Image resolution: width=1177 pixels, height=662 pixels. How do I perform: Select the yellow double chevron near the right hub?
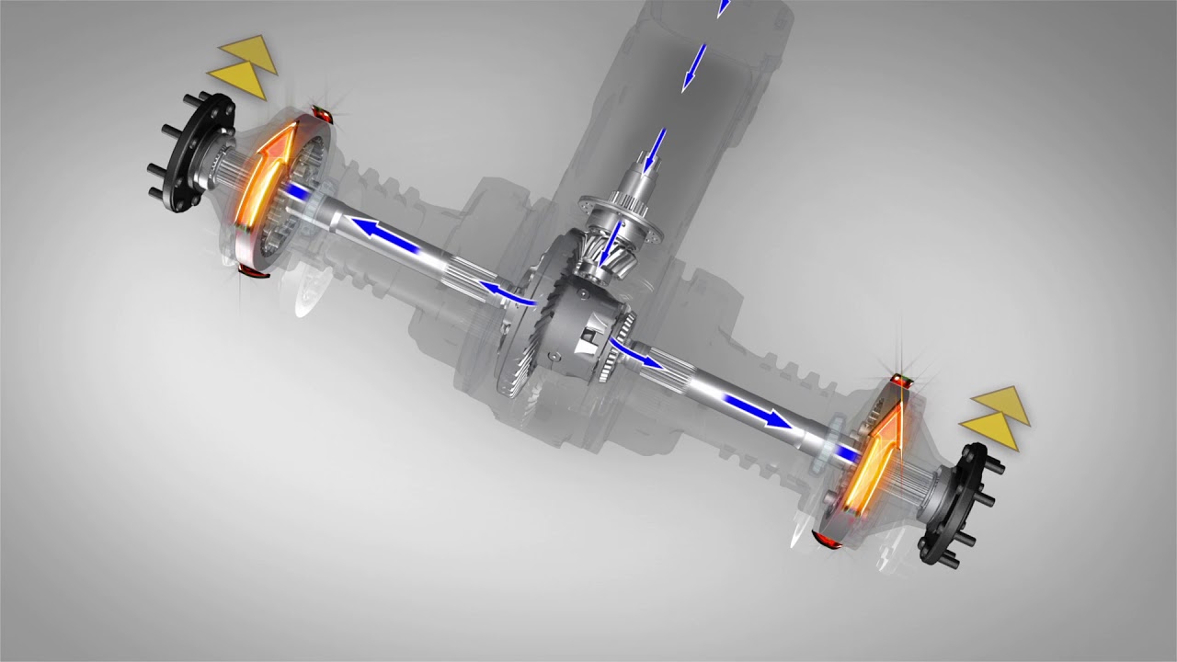(993, 417)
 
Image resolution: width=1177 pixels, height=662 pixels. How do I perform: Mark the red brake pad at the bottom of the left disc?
(248, 271)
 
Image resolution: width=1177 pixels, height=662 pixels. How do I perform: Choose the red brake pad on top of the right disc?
(900, 378)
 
